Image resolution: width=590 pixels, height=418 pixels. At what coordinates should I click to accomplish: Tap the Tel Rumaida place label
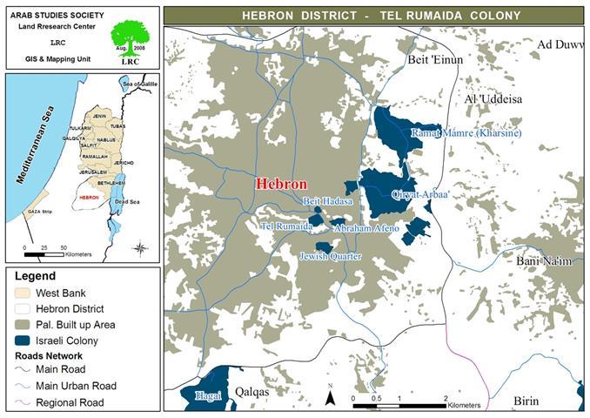pyautogui.click(x=286, y=226)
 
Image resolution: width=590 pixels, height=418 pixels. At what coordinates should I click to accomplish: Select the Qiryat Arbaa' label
pyautogui.click(x=420, y=195)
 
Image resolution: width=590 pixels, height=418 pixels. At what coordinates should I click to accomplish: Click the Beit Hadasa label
pyautogui.click(x=328, y=201)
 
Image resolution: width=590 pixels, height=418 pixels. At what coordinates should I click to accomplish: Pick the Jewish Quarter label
pyautogui.click(x=330, y=257)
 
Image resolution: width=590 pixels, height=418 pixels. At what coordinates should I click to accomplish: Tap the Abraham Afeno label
pyautogui.click(x=366, y=228)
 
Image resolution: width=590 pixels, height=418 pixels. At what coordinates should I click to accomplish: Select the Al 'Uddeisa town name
pyautogui.click(x=493, y=100)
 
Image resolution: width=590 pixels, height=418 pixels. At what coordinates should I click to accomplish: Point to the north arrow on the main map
pyautogui.click(x=330, y=396)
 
